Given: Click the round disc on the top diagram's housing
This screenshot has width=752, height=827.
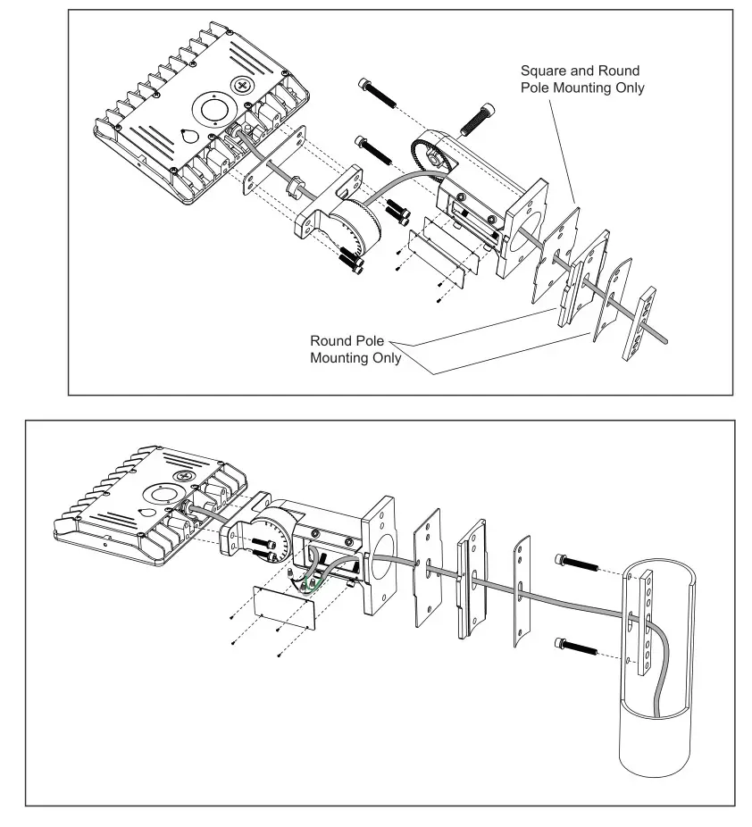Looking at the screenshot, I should click(x=213, y=111).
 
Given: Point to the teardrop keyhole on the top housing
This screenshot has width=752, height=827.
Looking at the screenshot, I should click(x=189, y=135).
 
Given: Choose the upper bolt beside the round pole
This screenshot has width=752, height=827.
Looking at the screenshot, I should click(x=580, y=564).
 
